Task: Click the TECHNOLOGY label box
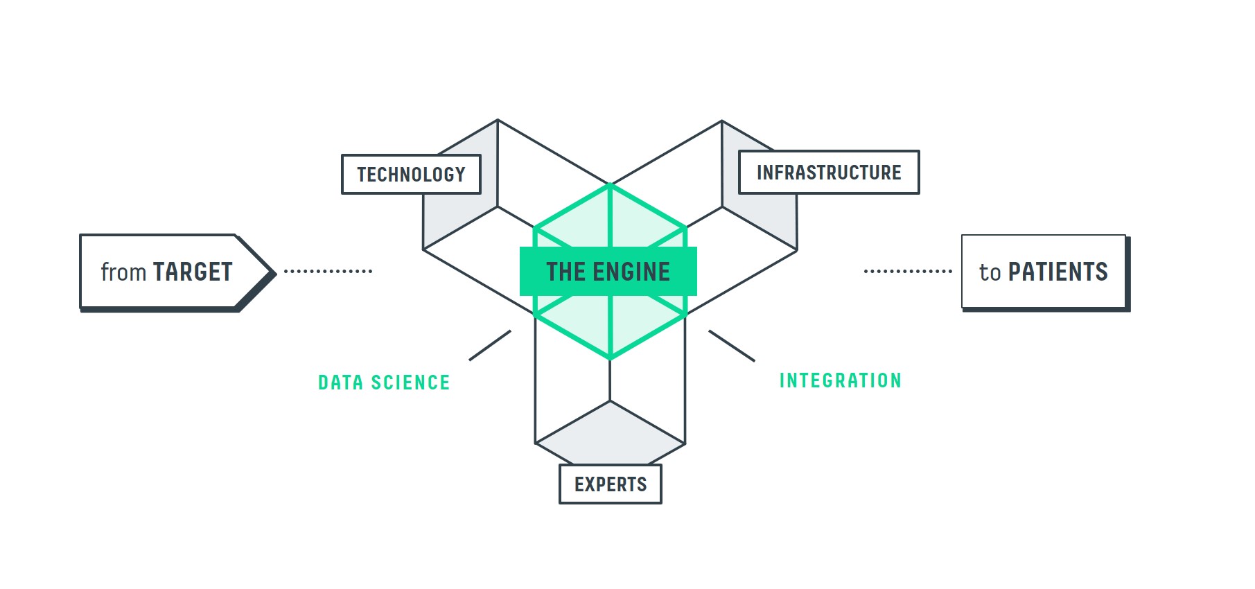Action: (411, 174)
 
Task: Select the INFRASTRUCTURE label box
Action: (829, 173)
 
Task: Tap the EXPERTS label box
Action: (610, 484)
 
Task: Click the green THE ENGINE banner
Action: (608, 272)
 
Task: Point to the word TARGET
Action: (193, 272)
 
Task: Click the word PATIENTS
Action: (1057, 272)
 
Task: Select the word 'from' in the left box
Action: (123, 272)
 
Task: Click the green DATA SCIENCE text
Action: (384, 383)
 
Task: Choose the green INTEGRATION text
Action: (840, 380)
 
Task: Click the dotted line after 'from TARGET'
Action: (328, 271)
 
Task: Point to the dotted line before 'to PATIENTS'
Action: (908, 271)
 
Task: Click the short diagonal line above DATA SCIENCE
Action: (490, 345)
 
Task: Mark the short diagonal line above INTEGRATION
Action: (732, 346)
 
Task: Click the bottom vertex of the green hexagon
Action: (610, 358)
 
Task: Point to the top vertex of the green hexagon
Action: (610, 185)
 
